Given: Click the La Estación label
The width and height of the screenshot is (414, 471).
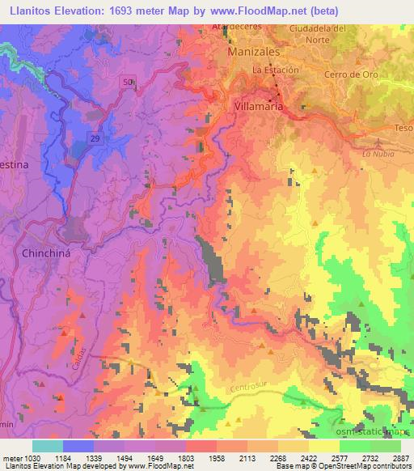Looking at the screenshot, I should coord(276,70).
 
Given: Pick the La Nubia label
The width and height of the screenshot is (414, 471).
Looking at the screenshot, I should coord(377,153).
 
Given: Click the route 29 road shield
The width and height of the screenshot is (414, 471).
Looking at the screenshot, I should coord(95,140).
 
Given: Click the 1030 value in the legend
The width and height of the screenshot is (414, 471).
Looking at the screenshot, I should coord(21,457).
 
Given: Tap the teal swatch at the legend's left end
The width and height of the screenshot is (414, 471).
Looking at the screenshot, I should coord(48,446).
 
